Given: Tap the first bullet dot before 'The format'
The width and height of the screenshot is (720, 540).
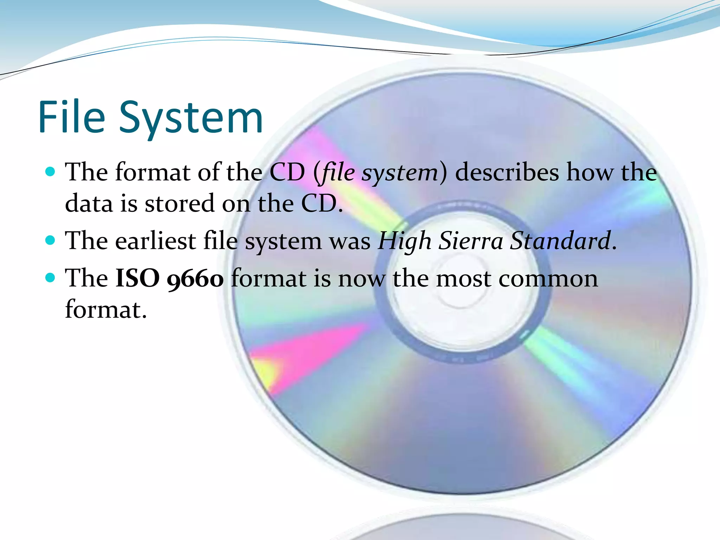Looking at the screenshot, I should pyautogui.click(x=51, y=172).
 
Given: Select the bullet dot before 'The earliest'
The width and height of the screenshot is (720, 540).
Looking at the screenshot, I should pyautogui.click(x=51, y=240).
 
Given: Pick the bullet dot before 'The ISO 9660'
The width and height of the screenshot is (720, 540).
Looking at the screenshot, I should pyautogui.click(x=51, y=278).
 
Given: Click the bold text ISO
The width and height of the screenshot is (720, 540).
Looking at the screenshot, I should pyautogui.click(x=137, y=278).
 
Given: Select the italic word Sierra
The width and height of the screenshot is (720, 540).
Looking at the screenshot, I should pyautogui.click(x=471, y=241).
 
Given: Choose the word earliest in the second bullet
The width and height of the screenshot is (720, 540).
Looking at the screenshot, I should pyautogui.click(x=155, y=241).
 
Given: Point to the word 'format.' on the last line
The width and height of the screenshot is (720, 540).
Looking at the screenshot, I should pyautogui.click(x=106, y=310).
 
